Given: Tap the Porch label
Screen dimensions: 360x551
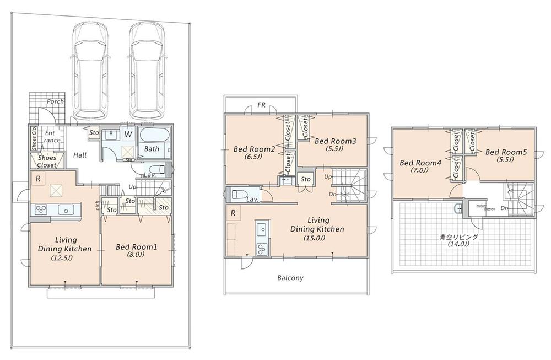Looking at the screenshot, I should pyautogui.click(x=55, y=102).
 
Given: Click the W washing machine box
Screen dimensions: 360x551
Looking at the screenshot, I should pyautogui.click(x=128, y=134).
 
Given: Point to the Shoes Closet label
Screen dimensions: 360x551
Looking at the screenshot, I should pyautogui.click(x=46, y=162).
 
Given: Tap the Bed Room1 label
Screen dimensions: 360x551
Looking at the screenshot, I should pyautogui.click(x=137, y=248).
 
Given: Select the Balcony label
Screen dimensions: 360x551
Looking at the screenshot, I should pyautogui.click(x=290, y=278).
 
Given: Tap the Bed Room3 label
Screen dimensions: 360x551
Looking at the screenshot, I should pyautogui.click(x=336, y=141).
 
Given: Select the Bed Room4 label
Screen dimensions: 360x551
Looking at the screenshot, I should pyautogui.click(x=420, y=163).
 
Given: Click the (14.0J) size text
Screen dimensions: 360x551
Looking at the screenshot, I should pyautogui.click(x=458, y=244).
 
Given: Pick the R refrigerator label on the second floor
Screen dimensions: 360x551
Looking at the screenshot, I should pyautogui.click(x=234, y=213).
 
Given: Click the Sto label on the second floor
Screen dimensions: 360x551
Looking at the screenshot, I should pyautogui.click(x=306, y=180).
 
